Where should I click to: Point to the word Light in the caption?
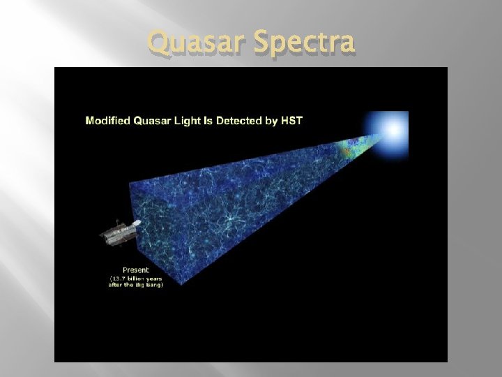click(x=195, y=121)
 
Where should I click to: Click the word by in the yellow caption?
click(x=280, y=121)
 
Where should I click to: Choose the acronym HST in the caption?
click(x=296, y=121)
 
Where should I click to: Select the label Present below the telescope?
click(x=135, y=269)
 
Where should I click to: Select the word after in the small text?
click(x=116, y=285)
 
